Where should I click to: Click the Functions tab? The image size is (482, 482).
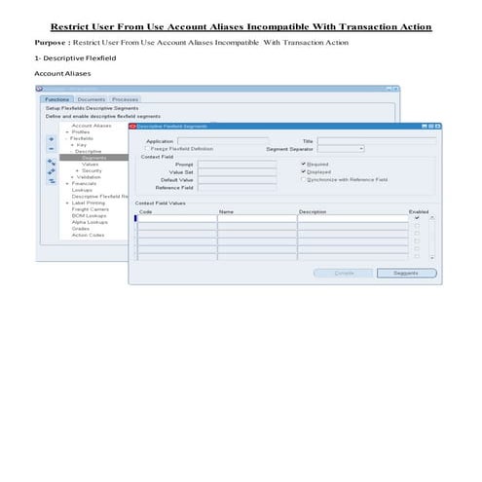click(56, 99)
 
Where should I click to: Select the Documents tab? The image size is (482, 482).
click(92, 99)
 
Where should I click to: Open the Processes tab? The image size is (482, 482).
click(125, 99)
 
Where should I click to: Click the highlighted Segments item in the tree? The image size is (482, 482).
click(95, 158)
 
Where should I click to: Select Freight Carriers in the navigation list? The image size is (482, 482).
click(90, 207)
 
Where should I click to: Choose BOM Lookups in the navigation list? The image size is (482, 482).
click(88, 214)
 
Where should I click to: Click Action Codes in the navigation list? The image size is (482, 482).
click(87, 234)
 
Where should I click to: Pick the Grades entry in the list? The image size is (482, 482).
click(81, 228)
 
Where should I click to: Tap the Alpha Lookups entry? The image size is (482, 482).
click(89, 221)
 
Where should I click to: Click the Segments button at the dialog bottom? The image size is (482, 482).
click(406, 273)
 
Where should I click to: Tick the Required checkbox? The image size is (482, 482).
click(303, 165)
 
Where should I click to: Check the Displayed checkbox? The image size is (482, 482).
click(303, 172)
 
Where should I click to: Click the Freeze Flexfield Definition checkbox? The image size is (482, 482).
click(147, 148)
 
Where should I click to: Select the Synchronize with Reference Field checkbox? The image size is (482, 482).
click(303, 180)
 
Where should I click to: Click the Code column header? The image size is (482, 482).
click(146, 210)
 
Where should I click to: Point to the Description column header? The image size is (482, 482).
click(313, 210)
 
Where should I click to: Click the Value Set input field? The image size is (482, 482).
click(236, 172)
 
